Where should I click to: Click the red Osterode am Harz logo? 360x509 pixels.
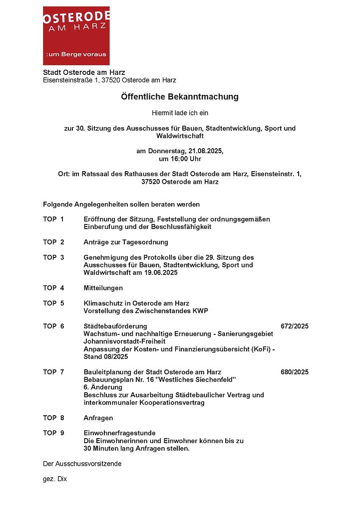pyautogui.click(x=76, y=35)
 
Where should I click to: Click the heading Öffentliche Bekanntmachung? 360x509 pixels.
pyautogui.click(x=180, y=96)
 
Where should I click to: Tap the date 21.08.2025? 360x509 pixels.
pyautogui.click(x=206, y=151)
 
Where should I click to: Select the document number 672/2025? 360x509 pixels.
pyautogui.click(x=295, y=326)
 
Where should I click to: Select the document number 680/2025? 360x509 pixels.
pyautogui.click(x=295, y=372)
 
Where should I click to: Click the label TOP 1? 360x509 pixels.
pyautogui.click(x=53, y=219)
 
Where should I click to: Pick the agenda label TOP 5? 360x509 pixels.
pyautogui.click(x=53, y=303)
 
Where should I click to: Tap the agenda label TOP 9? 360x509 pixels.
pyautogui.click(x=53, y=433)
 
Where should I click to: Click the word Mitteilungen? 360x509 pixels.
pyautogui.click(x=103, y=288)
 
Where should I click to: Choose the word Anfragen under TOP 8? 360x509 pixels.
pyautogui.click(x=98, y=418)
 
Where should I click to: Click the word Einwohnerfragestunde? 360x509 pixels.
pyautogui.click(x=119, y=433)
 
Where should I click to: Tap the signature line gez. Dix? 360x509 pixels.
pyautogui.click(x=55, y=479)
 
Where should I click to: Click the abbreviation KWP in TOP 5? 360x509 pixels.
pyautogui.click(x=199, y=311)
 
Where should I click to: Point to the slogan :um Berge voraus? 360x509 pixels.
pyautogui.click(x=76, y=54)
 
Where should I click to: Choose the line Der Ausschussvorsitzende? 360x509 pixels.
pyautogui.click(x=82, y=464)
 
